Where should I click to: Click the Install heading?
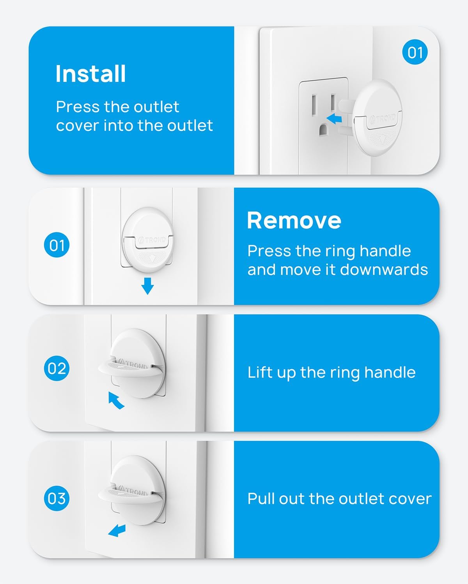click(x=90, y=74)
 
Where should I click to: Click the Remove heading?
click(x=294, y=220)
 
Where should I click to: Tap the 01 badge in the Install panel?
click(x=415, y=52)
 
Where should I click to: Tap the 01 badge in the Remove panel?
click(x=57, y=245)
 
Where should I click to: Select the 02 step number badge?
click(x=57, y=368)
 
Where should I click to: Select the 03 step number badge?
click(x=57, y=498)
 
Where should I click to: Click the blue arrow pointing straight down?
click(x=148, y=286)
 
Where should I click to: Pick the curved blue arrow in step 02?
click(x=116, y=400)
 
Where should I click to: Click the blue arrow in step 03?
click(x=117, y=530)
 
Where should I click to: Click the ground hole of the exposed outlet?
click(x=323, y=130)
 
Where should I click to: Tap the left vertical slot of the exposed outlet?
click(x=314, y=104)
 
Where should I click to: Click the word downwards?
click(x=384, y=270)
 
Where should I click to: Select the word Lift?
click(x=261, y=372)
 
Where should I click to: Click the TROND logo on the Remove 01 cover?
click(x=152, y=240)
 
